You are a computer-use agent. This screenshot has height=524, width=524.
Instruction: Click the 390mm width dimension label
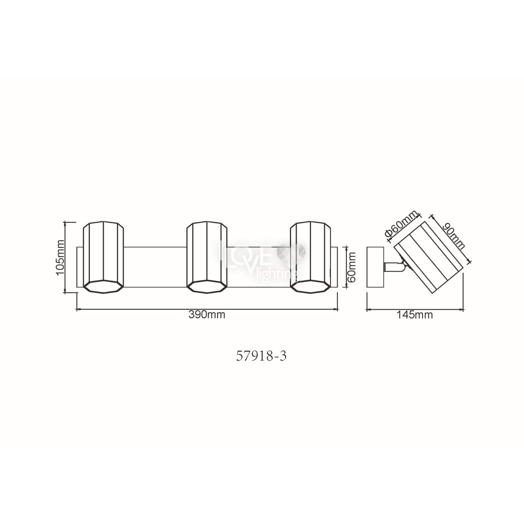(x=207, y=315)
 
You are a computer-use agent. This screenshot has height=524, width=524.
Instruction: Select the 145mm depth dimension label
(x=415, y=315)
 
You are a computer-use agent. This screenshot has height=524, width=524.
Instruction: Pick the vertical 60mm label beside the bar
(x=351, y=267)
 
